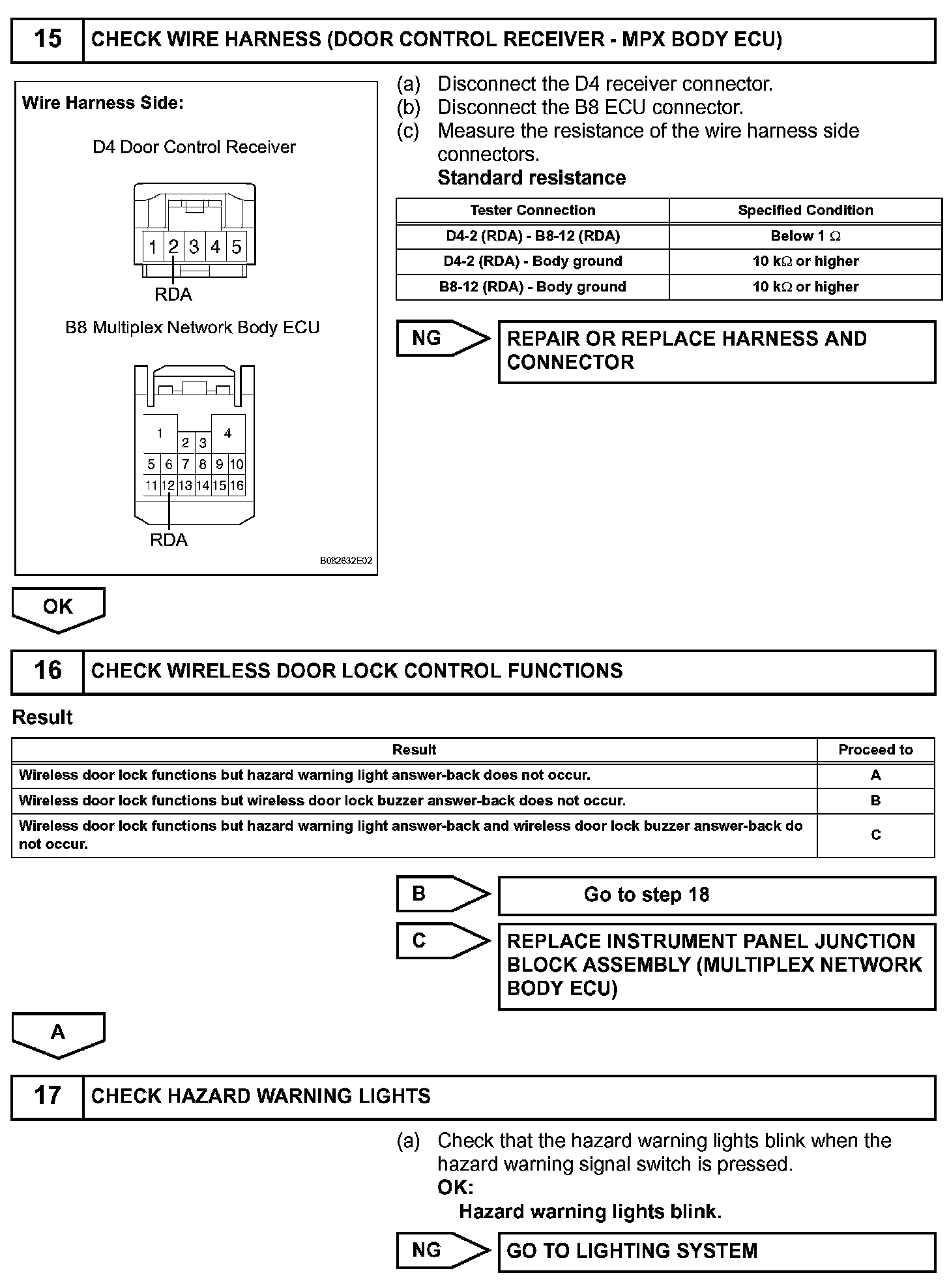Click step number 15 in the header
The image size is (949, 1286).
[48, 40]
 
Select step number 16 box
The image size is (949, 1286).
[48, 671]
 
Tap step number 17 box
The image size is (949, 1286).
[48, 1096]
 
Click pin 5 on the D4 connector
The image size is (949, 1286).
[237, 247]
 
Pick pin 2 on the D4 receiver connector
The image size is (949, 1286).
[173, 247]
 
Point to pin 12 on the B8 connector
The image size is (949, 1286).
[168, 485]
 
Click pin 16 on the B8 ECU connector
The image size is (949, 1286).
[237, 485]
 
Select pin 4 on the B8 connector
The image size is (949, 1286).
[227, 433]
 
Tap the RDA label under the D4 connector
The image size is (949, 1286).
[173, 295]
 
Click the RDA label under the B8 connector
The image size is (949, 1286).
[169, 540]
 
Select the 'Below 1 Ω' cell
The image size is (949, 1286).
[805, 236]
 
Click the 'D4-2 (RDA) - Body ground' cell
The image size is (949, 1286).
[533, 262]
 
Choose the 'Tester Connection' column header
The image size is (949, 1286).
[533, 211]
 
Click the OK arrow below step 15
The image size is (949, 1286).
[58, 608]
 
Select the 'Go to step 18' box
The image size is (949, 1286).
[716, 895]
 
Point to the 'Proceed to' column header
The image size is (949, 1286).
[875, 750]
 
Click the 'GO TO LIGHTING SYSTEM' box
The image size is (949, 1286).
[716, 1251]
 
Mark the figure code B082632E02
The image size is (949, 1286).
[346, 561]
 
